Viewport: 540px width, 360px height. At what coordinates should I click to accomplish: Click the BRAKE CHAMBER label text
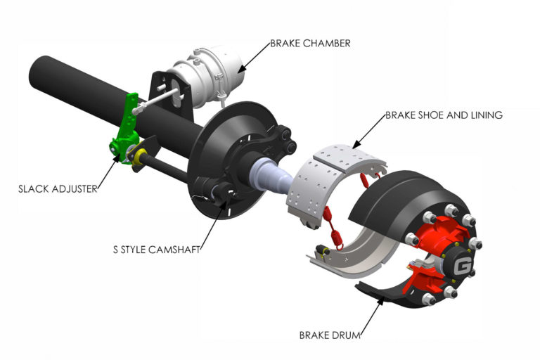[310, 43]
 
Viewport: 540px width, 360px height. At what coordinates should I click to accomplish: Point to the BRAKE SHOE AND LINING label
[444, 115]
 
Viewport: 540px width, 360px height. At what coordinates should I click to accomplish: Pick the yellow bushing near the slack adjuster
[139, 155]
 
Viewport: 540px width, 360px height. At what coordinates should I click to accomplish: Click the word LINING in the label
[486, 115]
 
